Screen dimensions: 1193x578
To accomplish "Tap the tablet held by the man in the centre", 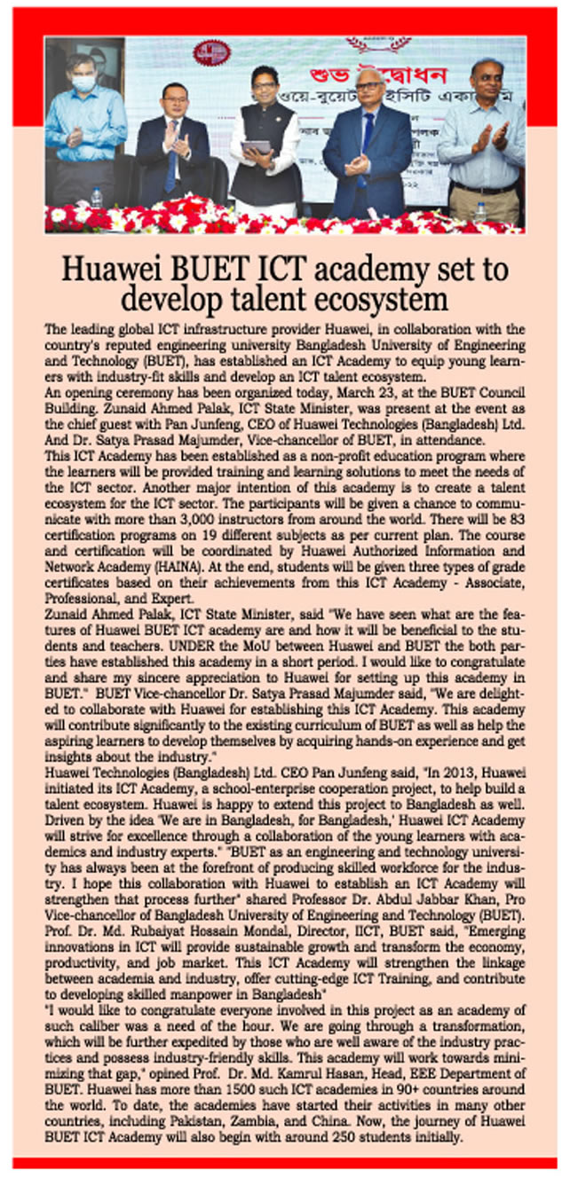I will [x=256, y=148].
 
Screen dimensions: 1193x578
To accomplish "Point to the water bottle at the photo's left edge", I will [x=96, y=198].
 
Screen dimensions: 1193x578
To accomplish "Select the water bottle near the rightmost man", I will [x=479, y=212].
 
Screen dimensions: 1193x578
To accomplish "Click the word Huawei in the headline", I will [x=118, y=269].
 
